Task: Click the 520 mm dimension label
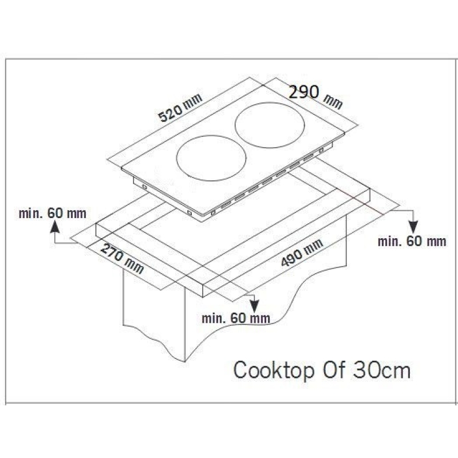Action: pos(180,108)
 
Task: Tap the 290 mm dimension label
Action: pos(315,97)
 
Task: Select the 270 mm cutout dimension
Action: pos(122,259)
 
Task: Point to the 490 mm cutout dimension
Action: pos(302,252)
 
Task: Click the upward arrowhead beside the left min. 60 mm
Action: pos(54,227)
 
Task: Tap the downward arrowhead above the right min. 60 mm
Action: pos(413,227)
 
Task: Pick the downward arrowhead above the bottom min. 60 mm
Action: pos(254,306)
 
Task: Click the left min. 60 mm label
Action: pos(53,214)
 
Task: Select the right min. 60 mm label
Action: pos(412,242)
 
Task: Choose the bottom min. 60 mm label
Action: pos(236,318)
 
